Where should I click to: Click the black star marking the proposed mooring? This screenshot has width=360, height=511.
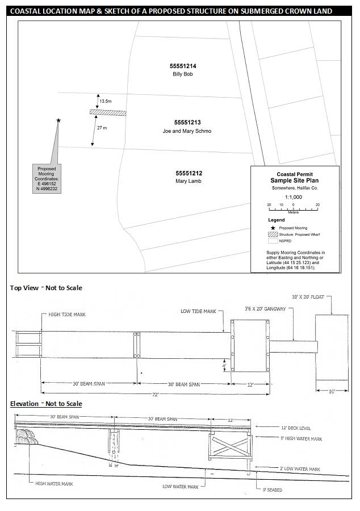[58, 120]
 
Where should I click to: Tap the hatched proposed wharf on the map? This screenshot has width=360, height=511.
[107, 113]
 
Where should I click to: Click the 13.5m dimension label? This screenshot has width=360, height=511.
[106, 100]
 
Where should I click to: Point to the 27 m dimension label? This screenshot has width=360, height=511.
[102, 128]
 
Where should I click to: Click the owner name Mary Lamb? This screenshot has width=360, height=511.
[189, 181]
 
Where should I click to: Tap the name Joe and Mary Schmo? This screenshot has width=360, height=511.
[187, 131]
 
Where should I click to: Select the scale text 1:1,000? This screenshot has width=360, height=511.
[294, 196]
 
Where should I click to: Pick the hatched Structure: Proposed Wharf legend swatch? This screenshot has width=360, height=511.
[275, 234]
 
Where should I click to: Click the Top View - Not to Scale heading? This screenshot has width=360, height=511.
[46, 288]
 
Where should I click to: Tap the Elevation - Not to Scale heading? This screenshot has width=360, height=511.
[46, 404]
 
